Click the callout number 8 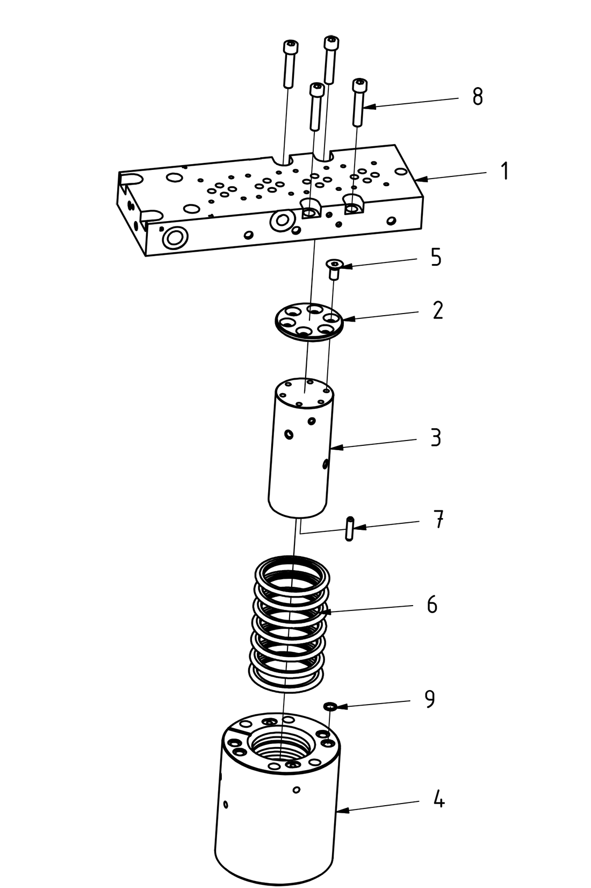(478, 97)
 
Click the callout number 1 (504, 171)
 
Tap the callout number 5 (436, 257)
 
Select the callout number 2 (438, 310)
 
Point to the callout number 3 (436, 437)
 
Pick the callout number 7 (438, 520)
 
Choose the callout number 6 (432, 605)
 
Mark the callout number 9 (430, 699)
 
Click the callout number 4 (439, 800)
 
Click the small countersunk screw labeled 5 (334, 267)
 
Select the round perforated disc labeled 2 (308, 322)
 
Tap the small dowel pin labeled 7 (349, 528)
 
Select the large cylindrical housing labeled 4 (277, 823)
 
